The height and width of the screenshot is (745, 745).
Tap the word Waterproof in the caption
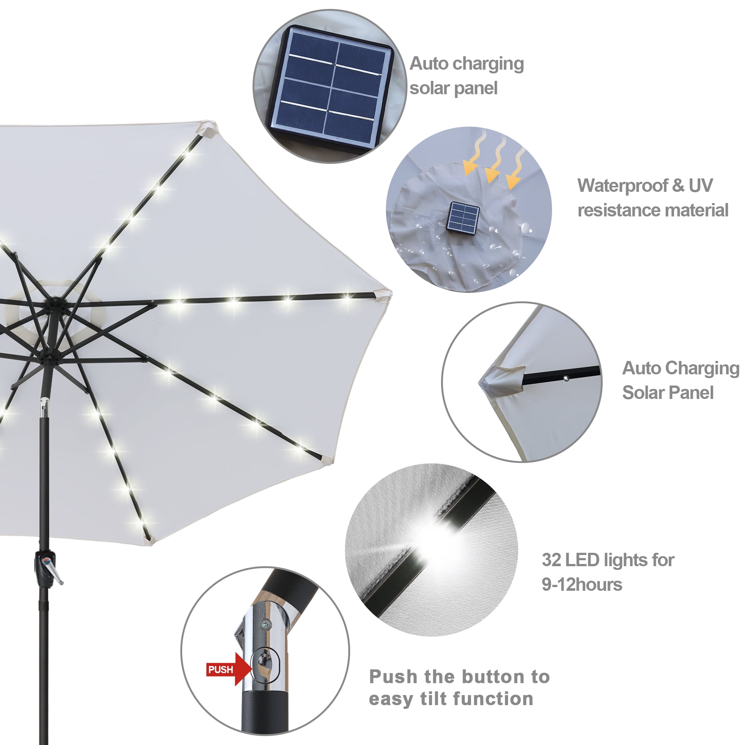point(622,186)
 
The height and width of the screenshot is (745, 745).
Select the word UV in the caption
point(701,186)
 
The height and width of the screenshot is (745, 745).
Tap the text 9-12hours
point(582,584)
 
